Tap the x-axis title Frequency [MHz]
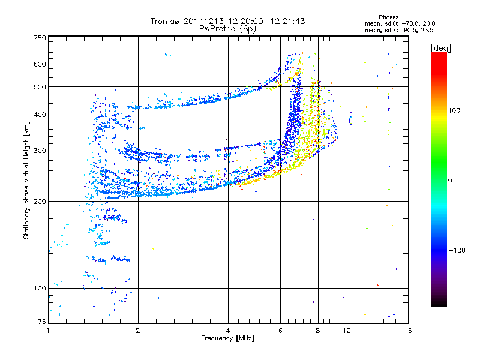[x=227, y=338]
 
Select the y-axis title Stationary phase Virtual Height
[x=26, y=180]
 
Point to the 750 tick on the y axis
[x=40, y=37]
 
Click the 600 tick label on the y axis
[x=40, y=64]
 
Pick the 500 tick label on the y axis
[x=40, y=86]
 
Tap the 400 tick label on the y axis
[x=40, y=115]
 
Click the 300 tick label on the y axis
[x=40, y=151]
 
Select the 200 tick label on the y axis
[x=40, y=201]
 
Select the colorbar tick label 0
[x=449, y=180]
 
